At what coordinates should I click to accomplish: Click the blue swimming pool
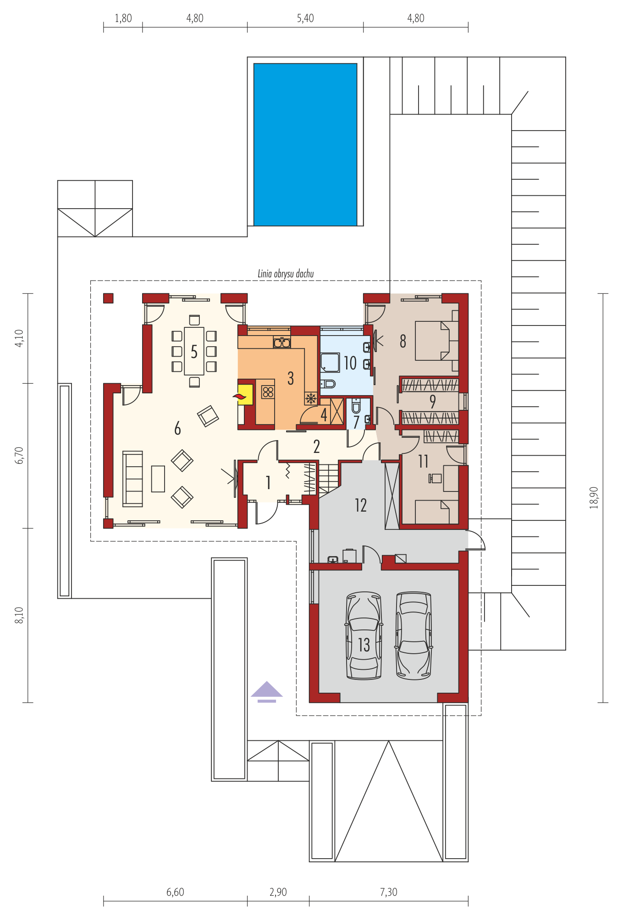[x=305, y=144]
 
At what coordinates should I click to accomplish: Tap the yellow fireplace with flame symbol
[x=245, y=395]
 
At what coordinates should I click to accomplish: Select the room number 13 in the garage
[x=364, y=645]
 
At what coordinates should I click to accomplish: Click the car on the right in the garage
[x=413, y=635]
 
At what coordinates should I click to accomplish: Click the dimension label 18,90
[x=594, y=497]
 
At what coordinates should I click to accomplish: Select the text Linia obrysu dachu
[x=286, y=274]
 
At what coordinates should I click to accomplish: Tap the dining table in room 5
[x=194, y=351]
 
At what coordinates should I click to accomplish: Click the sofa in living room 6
[x=132, y=479]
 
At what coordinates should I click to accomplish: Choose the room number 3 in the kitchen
[x=291, y=378]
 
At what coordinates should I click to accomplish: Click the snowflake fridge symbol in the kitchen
[x=311, y=398]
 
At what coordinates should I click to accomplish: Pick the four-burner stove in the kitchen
[x=268, y=392]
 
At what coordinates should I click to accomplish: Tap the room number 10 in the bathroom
[x=350, y=363]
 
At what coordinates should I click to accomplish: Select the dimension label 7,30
[x=389, y=892]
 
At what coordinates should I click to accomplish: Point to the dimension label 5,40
[x=305, y=18]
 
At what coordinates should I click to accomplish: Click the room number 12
[x=361, y=505]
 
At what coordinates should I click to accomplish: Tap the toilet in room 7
[x=356, y=405]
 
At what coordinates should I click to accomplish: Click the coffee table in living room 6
[x=158, y=479]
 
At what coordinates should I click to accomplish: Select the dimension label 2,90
[x=278, y=892]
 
